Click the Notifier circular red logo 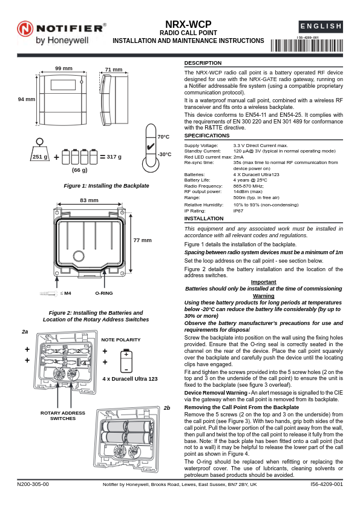click(25, 28)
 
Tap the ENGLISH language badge click(321, 26)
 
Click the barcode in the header click(307, 45)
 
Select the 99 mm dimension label click(64, 68)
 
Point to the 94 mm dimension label click(26, 99)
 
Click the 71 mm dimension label click(114, 70)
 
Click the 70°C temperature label click(163, 137)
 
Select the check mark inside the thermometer click(150, 146)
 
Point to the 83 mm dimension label click(89, 200)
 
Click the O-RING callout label click(104, 293)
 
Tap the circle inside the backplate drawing click(79, 256)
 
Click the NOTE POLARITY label click(121, 340)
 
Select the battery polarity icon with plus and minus click(126, 361)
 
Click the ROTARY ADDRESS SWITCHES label click(63, 416)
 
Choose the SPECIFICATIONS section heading click(207, 136)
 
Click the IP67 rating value click(238, 211)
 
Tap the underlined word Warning click(264, 296)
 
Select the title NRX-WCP click(188, 24)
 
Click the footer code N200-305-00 click(33, 484)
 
